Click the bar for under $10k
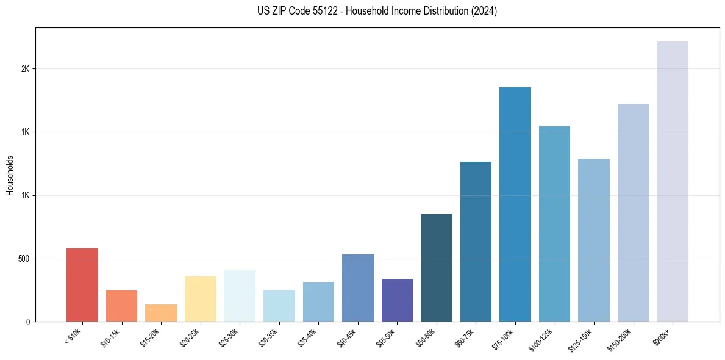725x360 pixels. click(82, 285)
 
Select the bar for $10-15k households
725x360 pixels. click(121, 306)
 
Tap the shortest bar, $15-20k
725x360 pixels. click(161, 313)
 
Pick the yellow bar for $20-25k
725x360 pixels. click(201, 299)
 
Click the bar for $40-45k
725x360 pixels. click(358, 288)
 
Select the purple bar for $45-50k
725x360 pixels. click(397, 300)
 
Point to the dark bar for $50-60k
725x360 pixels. click(437, 268)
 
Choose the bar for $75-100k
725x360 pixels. click(515, 204)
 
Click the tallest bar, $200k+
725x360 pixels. click(673, 182)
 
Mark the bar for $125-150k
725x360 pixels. click(594, 240)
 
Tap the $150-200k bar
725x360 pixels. click(633, 213)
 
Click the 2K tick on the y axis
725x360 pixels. click(25, 69)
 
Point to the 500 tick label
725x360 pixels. click(24, 259)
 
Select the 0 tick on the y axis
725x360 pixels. click(28, 322)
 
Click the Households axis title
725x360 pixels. click(10, 175)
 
